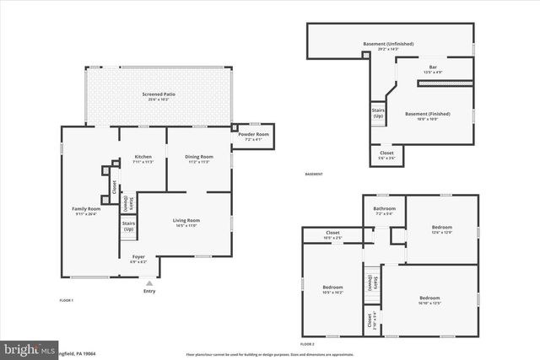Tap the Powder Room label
point(253,135)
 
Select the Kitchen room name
point(143,157)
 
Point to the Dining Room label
point(199,157)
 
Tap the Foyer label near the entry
point(138,259)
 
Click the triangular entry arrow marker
point(149,283)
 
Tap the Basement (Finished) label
point(427,114)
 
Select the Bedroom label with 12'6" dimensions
point(442,228)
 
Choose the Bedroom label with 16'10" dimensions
point(430,298)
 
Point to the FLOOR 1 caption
point(67,300)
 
